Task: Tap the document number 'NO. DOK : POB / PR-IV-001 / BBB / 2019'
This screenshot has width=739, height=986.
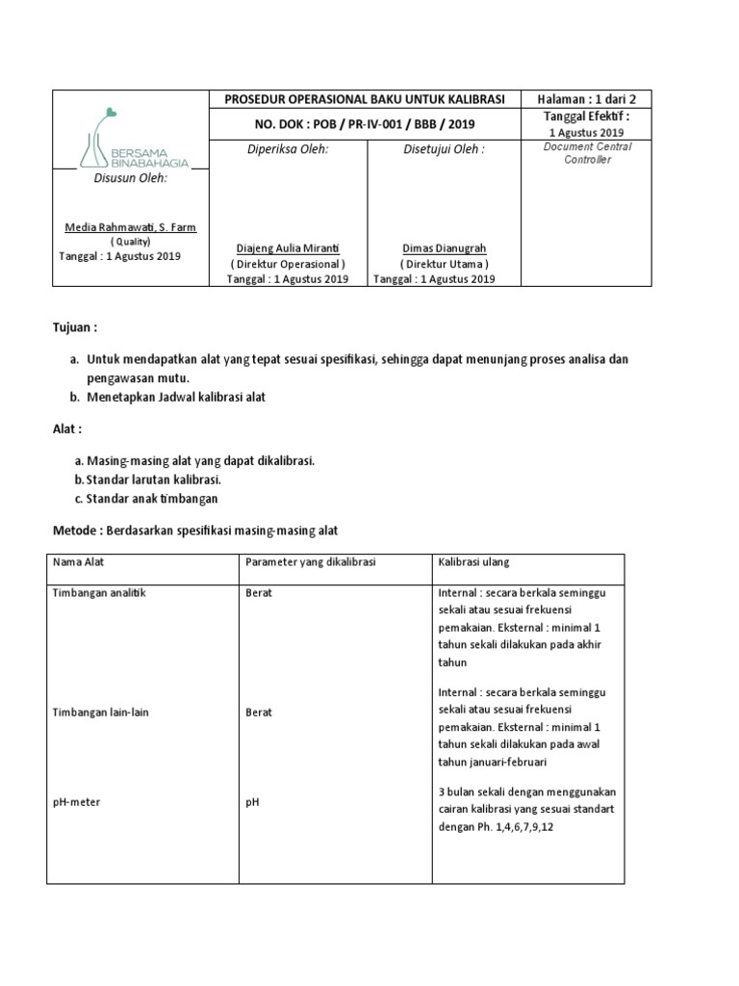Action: (365, 124)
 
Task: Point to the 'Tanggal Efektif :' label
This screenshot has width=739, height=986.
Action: (586, 117)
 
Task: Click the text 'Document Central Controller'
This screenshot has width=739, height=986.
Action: (587, 153)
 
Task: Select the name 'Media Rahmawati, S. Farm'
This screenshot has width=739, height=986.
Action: (129, 227)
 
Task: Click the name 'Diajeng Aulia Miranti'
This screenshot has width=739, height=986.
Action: (287, 247)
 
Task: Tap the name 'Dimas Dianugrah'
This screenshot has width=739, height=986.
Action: (444, 247)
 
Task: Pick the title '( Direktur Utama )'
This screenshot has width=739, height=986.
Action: (444, 264)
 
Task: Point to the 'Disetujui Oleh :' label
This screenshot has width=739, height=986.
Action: (444, 149)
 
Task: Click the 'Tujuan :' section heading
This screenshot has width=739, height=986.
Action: (75, 327)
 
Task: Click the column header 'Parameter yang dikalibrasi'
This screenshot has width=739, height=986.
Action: (310, 561)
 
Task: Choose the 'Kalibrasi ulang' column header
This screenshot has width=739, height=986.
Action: (473, 561)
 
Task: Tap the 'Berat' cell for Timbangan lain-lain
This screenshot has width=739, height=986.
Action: (259, 712)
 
